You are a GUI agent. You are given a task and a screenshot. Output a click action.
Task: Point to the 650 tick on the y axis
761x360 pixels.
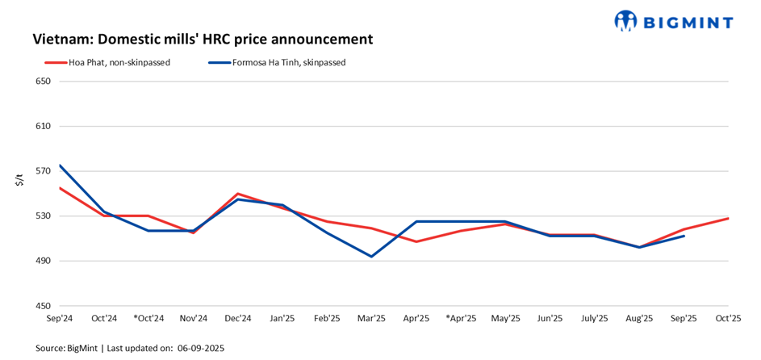(43, 82)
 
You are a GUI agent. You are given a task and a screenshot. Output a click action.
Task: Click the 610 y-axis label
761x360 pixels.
(43, 127)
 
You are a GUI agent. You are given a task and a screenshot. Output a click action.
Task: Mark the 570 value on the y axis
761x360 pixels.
(43, 171)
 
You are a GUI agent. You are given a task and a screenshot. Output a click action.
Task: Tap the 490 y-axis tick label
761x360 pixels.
(43, 261)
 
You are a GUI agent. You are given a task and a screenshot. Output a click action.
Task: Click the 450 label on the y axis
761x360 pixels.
(43, 306)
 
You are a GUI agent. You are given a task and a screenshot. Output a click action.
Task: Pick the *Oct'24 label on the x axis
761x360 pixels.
(148, 319)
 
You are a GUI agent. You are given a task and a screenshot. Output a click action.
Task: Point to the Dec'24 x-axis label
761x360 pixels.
(237, 319)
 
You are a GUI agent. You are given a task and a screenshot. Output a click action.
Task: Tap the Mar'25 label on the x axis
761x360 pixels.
(371, 319)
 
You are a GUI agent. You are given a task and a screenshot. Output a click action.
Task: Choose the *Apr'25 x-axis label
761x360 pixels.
(460, 319)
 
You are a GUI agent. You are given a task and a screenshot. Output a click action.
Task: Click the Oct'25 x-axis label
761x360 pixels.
(728, 319)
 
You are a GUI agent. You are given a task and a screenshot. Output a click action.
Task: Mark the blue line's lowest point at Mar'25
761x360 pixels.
(371, 257)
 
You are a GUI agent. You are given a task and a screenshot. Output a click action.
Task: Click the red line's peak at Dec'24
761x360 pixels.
(237, 194)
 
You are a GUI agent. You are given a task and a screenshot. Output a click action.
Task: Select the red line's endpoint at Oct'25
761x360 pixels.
(728, 218)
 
